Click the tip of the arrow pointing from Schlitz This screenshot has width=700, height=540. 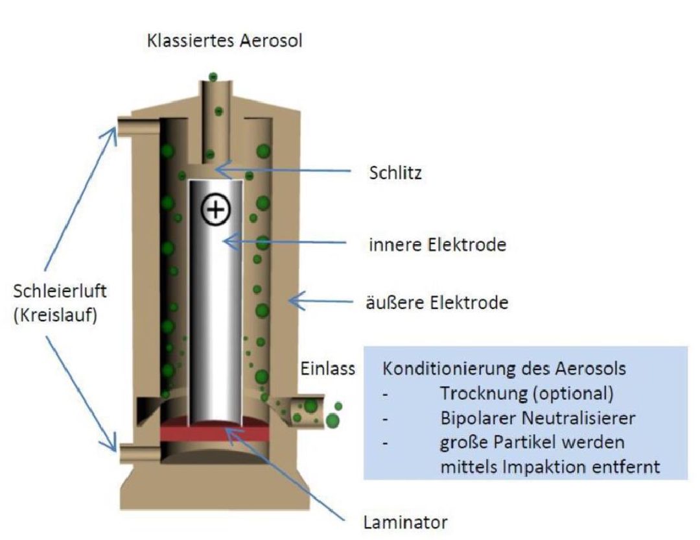pyautogui.click(x=214, y=169)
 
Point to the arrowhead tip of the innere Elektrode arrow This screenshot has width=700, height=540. pyautogui.click(x=223, y=241)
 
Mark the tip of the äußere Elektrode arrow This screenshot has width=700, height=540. pyautogui.click(x=289, y=301)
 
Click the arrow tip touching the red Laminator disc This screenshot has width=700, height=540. pyautogui.click(x=227, y=429)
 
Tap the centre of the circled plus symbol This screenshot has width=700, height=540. pyautogui.click(x=216, y=209)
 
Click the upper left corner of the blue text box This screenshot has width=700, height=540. pyautogui.click(x=364, y=347)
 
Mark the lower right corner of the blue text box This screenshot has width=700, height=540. pyautogui.click(x=688, y=479)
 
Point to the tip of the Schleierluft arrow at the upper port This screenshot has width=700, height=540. pyautogui.click(x=115, y=127)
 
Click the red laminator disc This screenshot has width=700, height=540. pyautogui.click(x=216, y=432)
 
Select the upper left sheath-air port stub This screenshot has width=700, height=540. pyautogui.click(x=139, y=126)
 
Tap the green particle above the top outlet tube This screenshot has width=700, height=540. pyautogui.click(x=213, y=77)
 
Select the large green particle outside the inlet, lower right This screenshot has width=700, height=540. pyautogui.click(x=332, y=421)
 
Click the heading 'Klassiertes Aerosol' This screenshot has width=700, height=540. pyautogui.click(x=224, y=40)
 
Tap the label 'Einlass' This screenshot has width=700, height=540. pyautogui.click(x=328, y=369)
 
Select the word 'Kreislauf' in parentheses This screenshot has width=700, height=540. pyautogui.click(x=55, y=315)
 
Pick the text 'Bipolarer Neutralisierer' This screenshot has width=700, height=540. pyautogui.click(x=537, y=419)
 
